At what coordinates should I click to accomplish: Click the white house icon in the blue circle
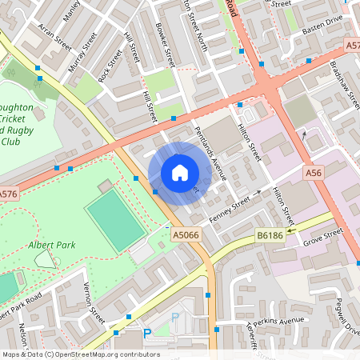pyautogui.click(x=180, y=173)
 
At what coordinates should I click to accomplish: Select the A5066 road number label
pyautogui.click(x=186, y=234)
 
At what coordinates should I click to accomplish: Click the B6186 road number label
pyautogui.click(x=270, y=234)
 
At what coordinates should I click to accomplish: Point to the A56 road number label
pyautogui.click(x=313, y=173)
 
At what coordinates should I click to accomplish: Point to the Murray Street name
pyautogui.click(x=82, y=53)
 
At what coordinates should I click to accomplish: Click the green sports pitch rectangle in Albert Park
pyautogui.click(x=115, y=221)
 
